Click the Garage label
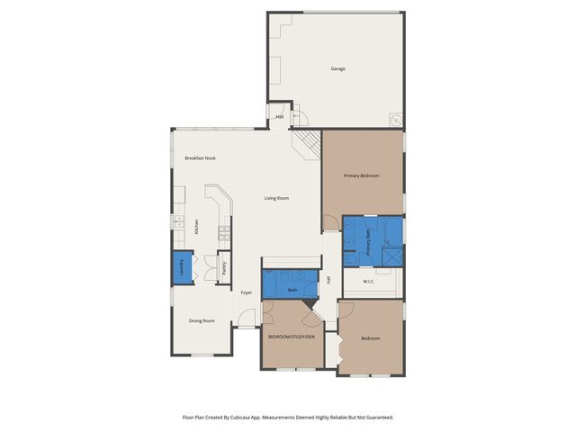337,68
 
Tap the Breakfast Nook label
200,158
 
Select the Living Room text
276,198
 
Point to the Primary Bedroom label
361,175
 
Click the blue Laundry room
181,267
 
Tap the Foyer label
246,292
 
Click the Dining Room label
202,320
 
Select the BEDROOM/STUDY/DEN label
291,337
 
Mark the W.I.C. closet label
369,282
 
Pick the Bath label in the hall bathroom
292,290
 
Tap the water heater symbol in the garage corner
394,119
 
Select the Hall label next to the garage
279,117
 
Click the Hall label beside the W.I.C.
329,280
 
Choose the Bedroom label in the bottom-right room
371,338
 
